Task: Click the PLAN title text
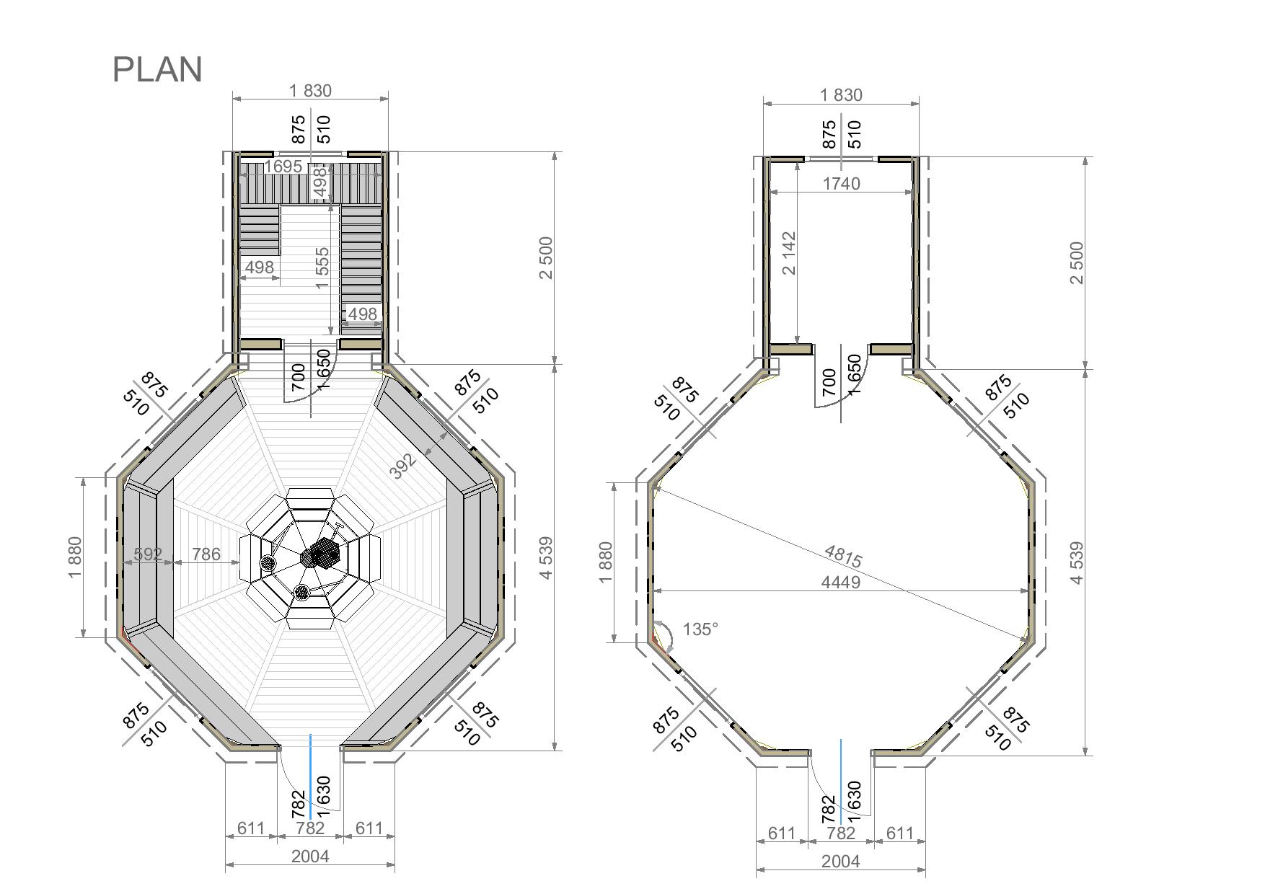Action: pyautogui.click(x=157, y=70)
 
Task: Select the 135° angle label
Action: pyautogui.click(x=700, y=629)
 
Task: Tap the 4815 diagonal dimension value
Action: pyautogui.click(x=842, y=556)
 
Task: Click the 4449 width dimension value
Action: pyautogui.click(x=841, y=582)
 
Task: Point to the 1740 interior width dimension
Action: pyautogui.click(x=841, y=184)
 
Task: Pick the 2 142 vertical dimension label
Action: pyautogui.click(x=788, y=253)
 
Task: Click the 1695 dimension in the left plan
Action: pyautogui.click(x=283, y=167)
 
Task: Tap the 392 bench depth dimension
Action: pyautogui.click(x=403, y=466)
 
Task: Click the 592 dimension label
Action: pyautogui.click(x=148, y=554)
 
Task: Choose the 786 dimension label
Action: pyautogui.click(x=206, y=554)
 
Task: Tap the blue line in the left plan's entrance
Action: pyautogui.click(x=311, y=776)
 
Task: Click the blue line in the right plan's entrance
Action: pyautogui.click(x=841, y=781)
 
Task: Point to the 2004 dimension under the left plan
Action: pyautogui.click(x=310, y=856)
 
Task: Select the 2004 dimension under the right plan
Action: pyautogui.click(x=841, y=861)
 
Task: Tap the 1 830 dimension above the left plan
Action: pyautogui.click(x=310, y=91)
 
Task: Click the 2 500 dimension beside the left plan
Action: pyautogui.click(x=545, y=257)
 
